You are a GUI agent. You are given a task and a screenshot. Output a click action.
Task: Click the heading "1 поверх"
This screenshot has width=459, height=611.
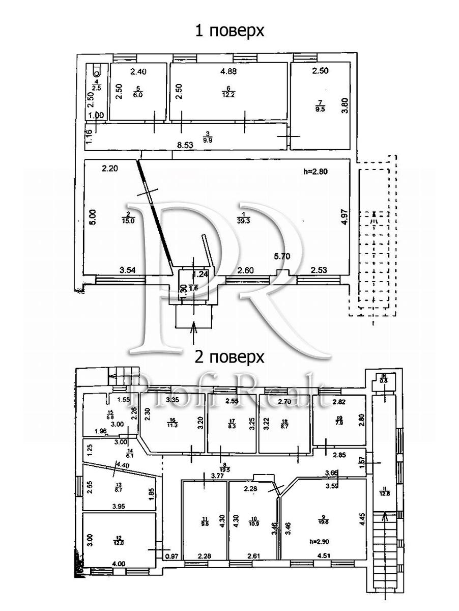(x=230, y=31)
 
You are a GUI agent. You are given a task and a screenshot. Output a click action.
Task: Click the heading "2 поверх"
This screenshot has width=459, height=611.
(x=230, y=357)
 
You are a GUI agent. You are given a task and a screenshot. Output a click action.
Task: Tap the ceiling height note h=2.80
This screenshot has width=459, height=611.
(x=316, y=172)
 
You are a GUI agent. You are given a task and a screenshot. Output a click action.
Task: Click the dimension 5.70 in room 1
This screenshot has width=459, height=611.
(x=281, y=257)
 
